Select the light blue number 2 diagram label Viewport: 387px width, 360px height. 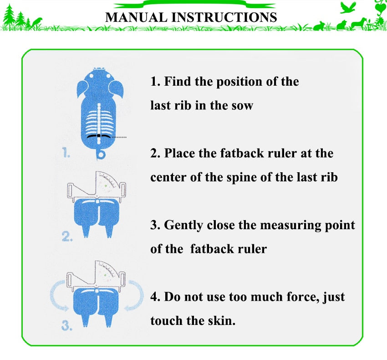point(67,237)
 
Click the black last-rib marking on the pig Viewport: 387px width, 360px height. point(99,136)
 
